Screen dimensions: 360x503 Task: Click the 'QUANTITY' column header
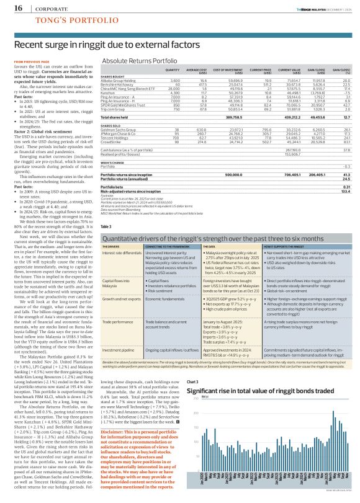click(171, 70)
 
